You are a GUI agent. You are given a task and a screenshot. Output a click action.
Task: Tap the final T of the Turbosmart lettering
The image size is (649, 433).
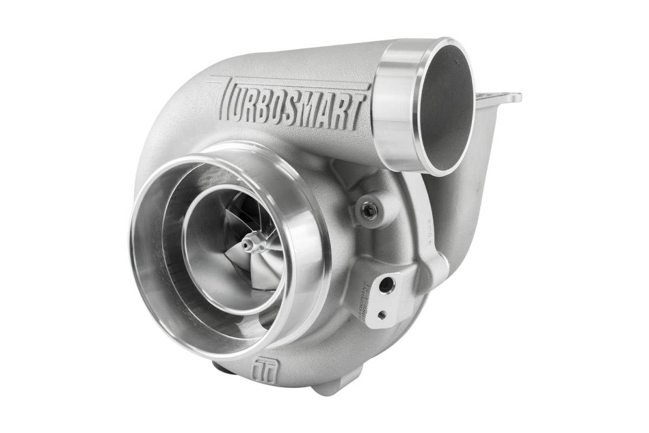(356, 114)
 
